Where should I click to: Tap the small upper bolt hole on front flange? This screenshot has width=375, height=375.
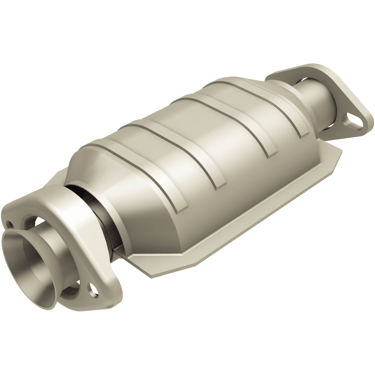[10, 223]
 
